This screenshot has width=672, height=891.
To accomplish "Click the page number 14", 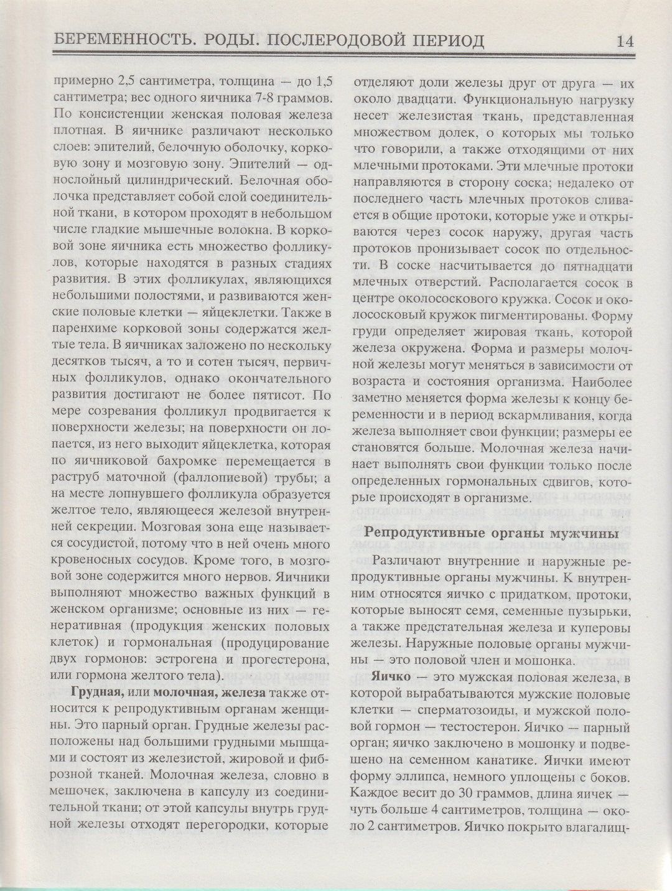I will (624, 41).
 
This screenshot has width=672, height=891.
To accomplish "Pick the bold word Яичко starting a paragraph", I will (390, 678).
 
